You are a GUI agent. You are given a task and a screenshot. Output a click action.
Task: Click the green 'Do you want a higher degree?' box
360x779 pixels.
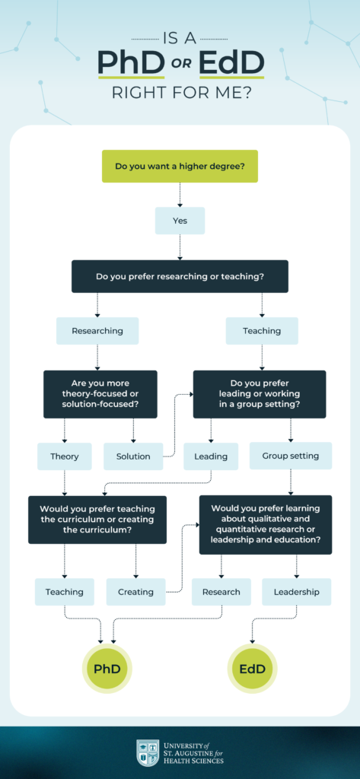tap(180, 166)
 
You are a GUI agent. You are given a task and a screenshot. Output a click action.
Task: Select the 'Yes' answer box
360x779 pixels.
tap(180, 221)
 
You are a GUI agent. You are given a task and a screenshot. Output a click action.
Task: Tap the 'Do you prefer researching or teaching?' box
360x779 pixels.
tap(180, 276)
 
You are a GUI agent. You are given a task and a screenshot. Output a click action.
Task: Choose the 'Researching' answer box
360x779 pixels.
tap(97, 331)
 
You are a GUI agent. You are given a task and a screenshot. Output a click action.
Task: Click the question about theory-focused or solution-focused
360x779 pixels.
tap(100, 394)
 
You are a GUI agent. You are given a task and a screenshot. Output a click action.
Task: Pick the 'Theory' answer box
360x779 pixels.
tap(65, 456)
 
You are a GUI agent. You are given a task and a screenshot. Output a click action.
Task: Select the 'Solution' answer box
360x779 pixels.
tap(133, 456)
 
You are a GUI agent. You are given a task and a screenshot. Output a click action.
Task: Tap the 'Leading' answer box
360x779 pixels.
tap(211, 456)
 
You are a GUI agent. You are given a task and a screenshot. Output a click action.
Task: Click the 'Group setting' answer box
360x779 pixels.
tap(291, 456)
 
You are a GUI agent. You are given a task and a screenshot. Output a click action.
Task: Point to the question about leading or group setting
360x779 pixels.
tap(260, 394)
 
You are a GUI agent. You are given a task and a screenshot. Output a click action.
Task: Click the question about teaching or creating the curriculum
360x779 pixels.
tap(97, 520)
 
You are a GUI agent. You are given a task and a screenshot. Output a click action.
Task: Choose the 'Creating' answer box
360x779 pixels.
tap(135, 592)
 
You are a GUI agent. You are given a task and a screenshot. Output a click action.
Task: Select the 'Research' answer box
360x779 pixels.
tap(221, 592)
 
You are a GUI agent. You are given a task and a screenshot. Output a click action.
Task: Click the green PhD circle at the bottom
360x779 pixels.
tap(107, 669)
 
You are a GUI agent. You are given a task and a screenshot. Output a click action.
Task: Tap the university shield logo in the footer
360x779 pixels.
tap(148, 752)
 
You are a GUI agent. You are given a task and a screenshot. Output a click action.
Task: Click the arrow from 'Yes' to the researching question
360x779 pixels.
tap(180, 247)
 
